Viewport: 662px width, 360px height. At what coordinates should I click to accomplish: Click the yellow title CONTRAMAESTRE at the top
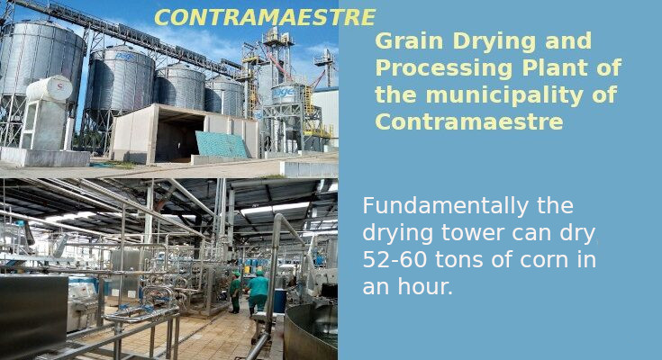(264, 17)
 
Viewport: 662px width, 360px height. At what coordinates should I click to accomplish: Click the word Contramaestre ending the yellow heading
(469, 121)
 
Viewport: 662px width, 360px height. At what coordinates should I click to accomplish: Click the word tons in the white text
(459, 260)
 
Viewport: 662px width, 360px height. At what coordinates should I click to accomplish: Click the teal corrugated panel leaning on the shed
(222, 145)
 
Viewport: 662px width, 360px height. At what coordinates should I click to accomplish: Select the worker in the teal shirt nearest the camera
(257, 292)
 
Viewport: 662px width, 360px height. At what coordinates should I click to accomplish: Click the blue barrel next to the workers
(280, 301)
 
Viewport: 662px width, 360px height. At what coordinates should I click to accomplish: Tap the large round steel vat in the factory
(311, 332)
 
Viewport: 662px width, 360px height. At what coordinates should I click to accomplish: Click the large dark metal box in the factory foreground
(34, 318)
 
